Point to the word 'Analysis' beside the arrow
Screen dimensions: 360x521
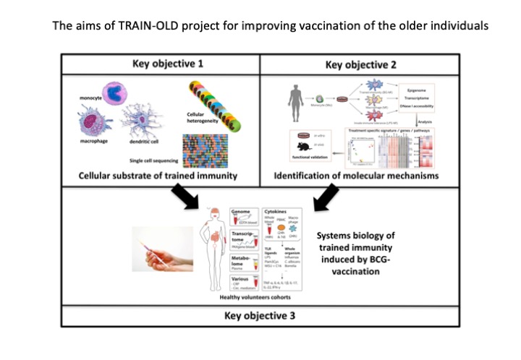(x=424, y=122)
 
